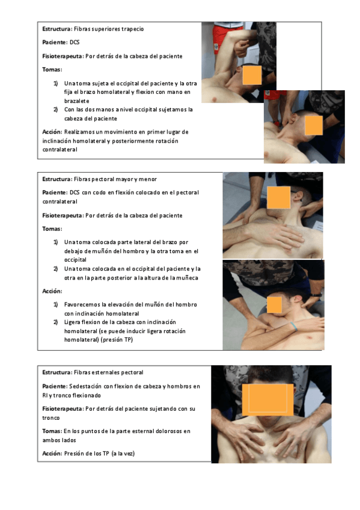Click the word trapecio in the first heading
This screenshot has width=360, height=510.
pos(133,29)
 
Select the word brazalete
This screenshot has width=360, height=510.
pos(77,101)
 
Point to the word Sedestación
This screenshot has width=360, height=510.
pos(85,386)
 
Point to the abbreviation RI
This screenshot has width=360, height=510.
pos(45,396)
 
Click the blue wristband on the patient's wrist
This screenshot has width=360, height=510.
pos(294,326)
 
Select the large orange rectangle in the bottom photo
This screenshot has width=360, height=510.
pos(267,400)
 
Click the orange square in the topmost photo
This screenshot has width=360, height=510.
pos(252,75)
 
